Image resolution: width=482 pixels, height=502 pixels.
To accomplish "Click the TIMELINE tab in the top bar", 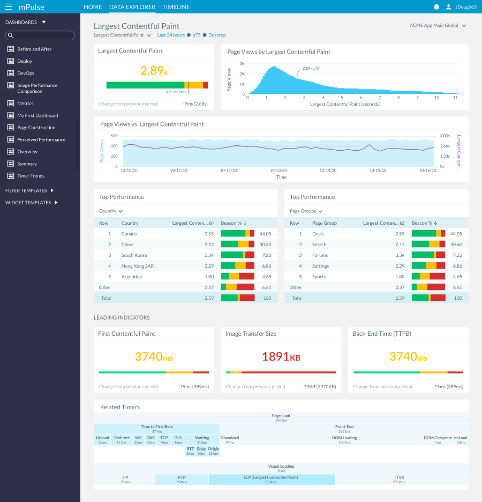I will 176,7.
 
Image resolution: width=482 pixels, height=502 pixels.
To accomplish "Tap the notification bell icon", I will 436,7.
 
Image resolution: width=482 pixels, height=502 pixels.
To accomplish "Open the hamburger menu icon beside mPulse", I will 9,7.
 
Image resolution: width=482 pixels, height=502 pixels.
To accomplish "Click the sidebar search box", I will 40,35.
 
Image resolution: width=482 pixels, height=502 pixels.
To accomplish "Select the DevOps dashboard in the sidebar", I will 25,73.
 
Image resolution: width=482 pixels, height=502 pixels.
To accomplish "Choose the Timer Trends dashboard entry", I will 31,176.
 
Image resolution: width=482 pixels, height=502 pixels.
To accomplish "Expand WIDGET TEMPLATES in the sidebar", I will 32,203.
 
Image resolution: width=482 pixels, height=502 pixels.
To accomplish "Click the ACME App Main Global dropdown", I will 438,25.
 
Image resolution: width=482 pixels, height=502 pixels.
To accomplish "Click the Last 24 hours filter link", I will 171,35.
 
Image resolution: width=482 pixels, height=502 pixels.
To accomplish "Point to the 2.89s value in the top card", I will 154,70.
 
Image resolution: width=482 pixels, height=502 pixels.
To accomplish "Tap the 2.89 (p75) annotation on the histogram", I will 311,69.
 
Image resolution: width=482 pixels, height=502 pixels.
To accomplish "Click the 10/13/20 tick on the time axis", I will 279,170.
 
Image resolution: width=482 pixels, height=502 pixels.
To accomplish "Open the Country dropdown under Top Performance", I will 111,211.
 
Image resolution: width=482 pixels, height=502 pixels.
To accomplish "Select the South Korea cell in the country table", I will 134,255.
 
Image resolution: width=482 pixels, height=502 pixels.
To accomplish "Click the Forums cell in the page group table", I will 320,255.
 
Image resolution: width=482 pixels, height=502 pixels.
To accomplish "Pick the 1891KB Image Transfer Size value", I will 281,357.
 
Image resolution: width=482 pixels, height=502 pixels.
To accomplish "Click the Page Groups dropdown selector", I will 306,211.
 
